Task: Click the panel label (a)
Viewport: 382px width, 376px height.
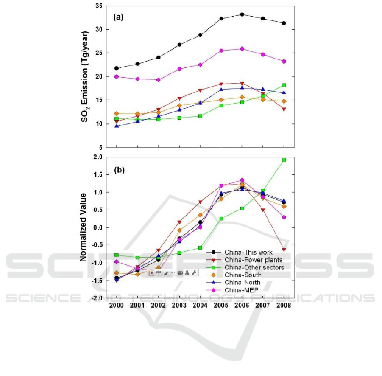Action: pyautogui.click(x=118, y=17)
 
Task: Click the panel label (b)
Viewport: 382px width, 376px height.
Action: pyautogui.click(x=118, y=171)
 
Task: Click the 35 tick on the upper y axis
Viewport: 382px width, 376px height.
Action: pyautogui.click(x=98, y=6)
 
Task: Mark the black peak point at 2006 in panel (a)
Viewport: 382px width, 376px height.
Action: pyautogui.click(x=242, y=14)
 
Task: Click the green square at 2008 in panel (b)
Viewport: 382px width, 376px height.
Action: pyautogui.click(x=284, y=160)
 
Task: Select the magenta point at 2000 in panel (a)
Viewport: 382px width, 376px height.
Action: pyautogui.click(x=117, y=77)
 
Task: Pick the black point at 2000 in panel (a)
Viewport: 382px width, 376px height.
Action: pyautogui.click(x=117, y=68)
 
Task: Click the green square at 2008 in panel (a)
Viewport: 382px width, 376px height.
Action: pyautogui.click(x=284, y=85)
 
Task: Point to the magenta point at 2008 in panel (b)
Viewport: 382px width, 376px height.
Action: pyautogui.click(x=284, y=217)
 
